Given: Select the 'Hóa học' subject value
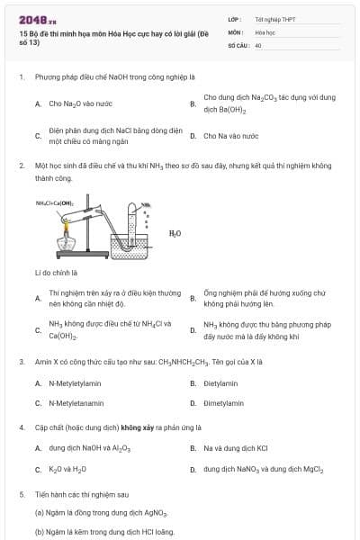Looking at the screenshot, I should coord(265,31).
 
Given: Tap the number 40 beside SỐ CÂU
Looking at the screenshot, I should coord(258,44).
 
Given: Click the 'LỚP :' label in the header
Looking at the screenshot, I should coord(235,18).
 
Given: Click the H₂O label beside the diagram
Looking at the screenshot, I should coord(175,233).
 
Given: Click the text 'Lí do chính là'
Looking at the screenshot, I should coord(57,272).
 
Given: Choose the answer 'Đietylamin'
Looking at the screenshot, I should coord(220,383).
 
